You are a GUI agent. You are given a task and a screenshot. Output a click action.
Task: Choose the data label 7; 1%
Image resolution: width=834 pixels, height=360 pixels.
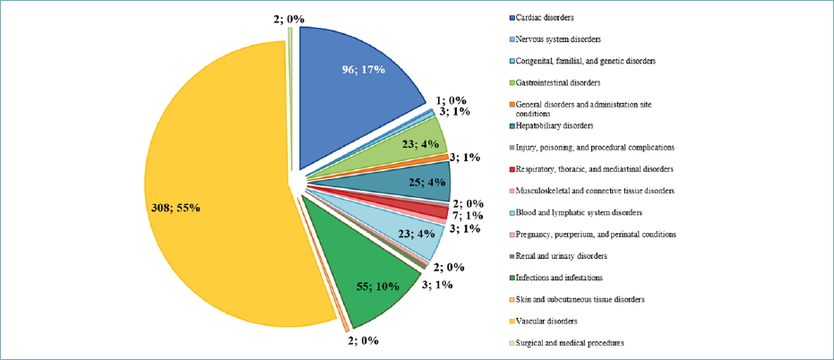tap(468, 216)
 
